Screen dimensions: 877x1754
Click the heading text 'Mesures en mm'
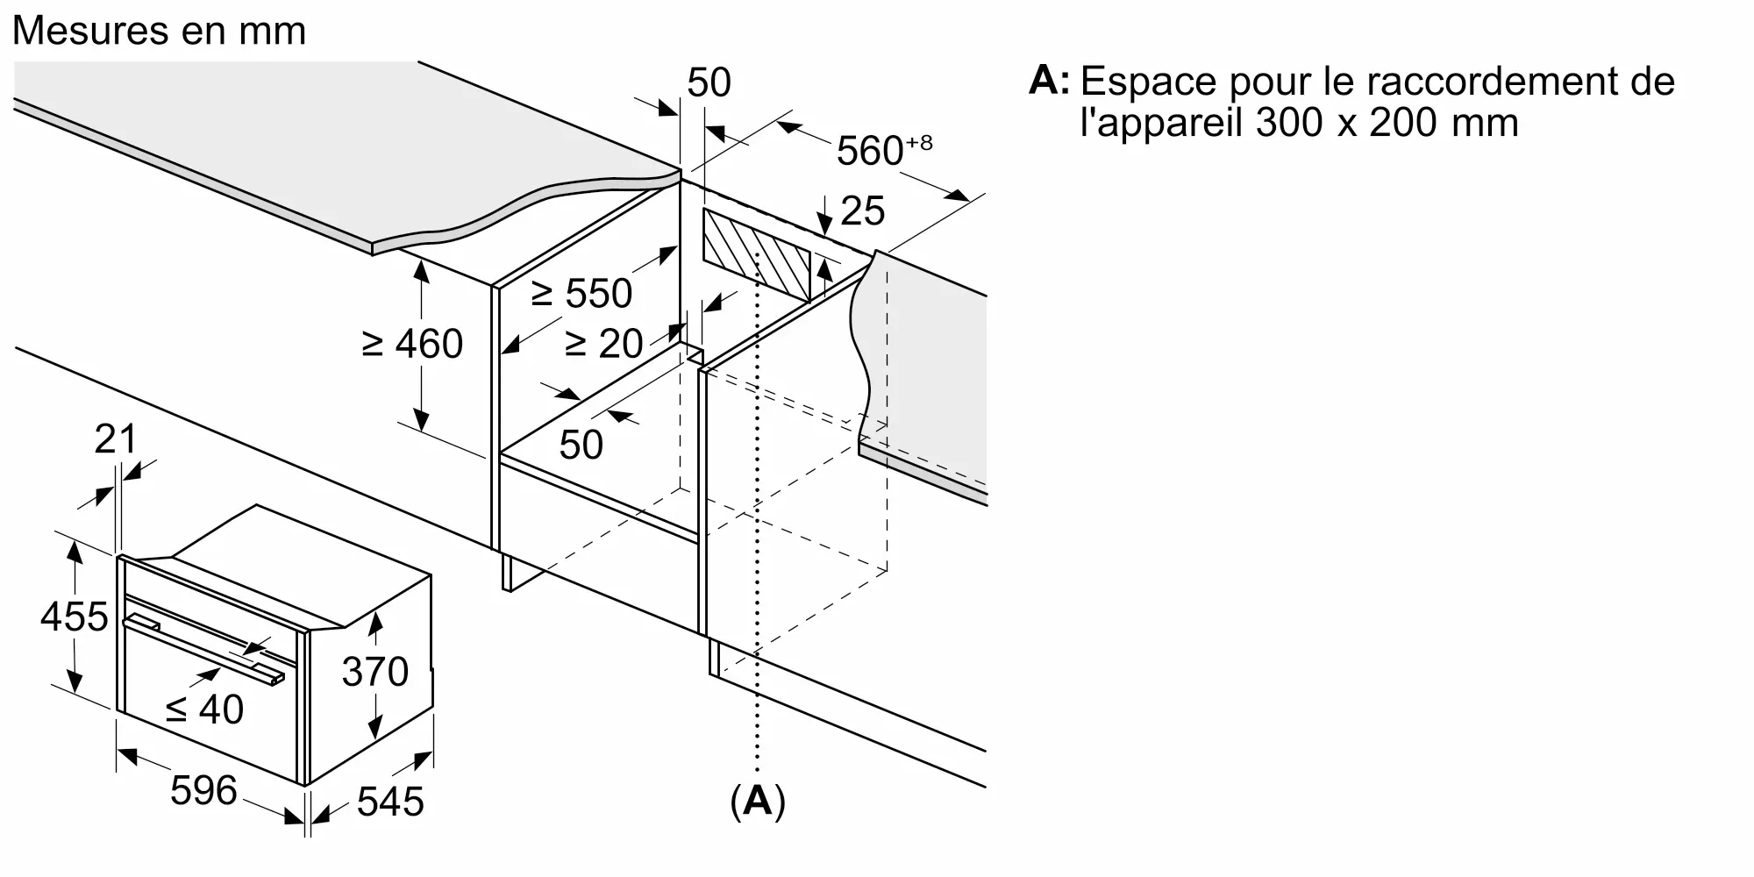pos(159,32)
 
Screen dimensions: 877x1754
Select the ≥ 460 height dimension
pos(412,344)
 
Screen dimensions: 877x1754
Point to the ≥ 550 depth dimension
pos(581,293)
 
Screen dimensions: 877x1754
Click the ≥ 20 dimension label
pos(603,344)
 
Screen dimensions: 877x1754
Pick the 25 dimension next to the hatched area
pos(863,211)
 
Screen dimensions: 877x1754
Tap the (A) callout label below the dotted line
pos(757,802)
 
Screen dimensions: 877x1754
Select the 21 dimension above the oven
pos(116,439)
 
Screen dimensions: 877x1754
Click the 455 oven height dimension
pos(75,617)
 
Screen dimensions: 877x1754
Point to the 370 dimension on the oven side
pos(375,673)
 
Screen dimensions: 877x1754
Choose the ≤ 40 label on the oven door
pos(205,709)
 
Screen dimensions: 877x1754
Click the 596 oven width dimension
pos(203,791)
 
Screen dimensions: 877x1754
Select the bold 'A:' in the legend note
pos(1050,81)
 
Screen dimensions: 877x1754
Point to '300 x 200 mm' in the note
pos(1387,123)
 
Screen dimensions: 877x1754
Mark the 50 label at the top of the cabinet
pos(709,82)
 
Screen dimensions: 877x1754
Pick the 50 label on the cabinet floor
pos(581,445)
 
